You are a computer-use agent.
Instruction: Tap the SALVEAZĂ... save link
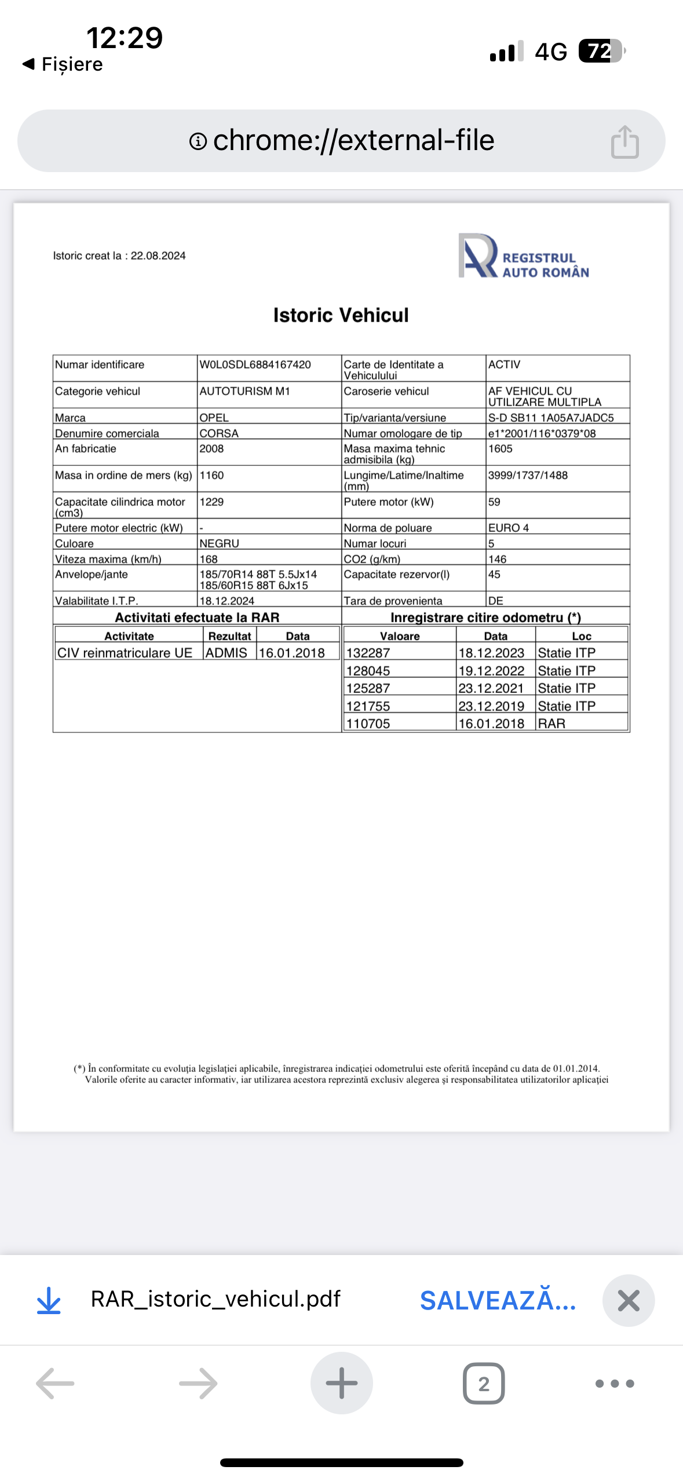click(x=498, y=1301)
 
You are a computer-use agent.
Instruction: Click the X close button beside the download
click(x=629, y=1301)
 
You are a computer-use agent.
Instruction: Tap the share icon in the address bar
click(x=624, y=142)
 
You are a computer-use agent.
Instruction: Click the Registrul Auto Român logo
click(x=523, y=256)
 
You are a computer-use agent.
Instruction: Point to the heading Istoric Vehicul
click(x=341, y=315)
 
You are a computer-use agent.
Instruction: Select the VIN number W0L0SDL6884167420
click(x=255, y=364)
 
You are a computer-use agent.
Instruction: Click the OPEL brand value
click(x=214, y=418)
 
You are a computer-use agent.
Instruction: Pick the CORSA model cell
click(x=219, y=433)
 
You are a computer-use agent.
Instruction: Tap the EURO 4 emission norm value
click(x=508, y=528)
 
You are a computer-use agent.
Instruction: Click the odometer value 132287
click(x=368, y=653)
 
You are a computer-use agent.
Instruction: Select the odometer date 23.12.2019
click(x=491, y=706)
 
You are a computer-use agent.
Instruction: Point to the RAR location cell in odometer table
click(x=551, y=724)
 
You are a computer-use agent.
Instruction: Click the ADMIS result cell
click(x=226, y=653)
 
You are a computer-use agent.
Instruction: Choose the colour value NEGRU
click(x=219, y=543)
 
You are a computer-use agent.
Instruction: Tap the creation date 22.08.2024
click(x=158, y=256)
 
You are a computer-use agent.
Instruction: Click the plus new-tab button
click(x=341, y=1383)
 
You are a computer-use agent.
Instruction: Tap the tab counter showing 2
click(x=484, y=1384)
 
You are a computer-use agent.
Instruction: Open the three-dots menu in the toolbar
click(x=615, y=1384)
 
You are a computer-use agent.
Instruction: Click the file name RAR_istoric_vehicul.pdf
click(x=216, y=1300)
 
